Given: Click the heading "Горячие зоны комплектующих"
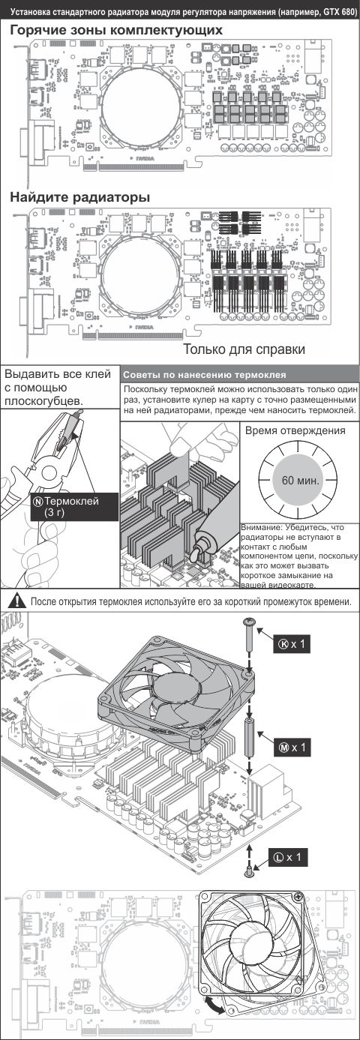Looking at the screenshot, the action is click(x=116, y=31).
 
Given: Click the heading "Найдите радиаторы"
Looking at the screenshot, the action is click(x=80, y=197).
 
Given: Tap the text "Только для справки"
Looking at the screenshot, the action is click(x=244, y=349).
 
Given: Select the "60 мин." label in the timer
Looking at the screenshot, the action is click(x=301, y=480).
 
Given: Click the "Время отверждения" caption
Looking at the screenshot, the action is click(x=295, y=430).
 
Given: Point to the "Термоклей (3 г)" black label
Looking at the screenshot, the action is click(x=73, y=507).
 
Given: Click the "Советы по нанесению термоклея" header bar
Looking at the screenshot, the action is click(x=240, y=374).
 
